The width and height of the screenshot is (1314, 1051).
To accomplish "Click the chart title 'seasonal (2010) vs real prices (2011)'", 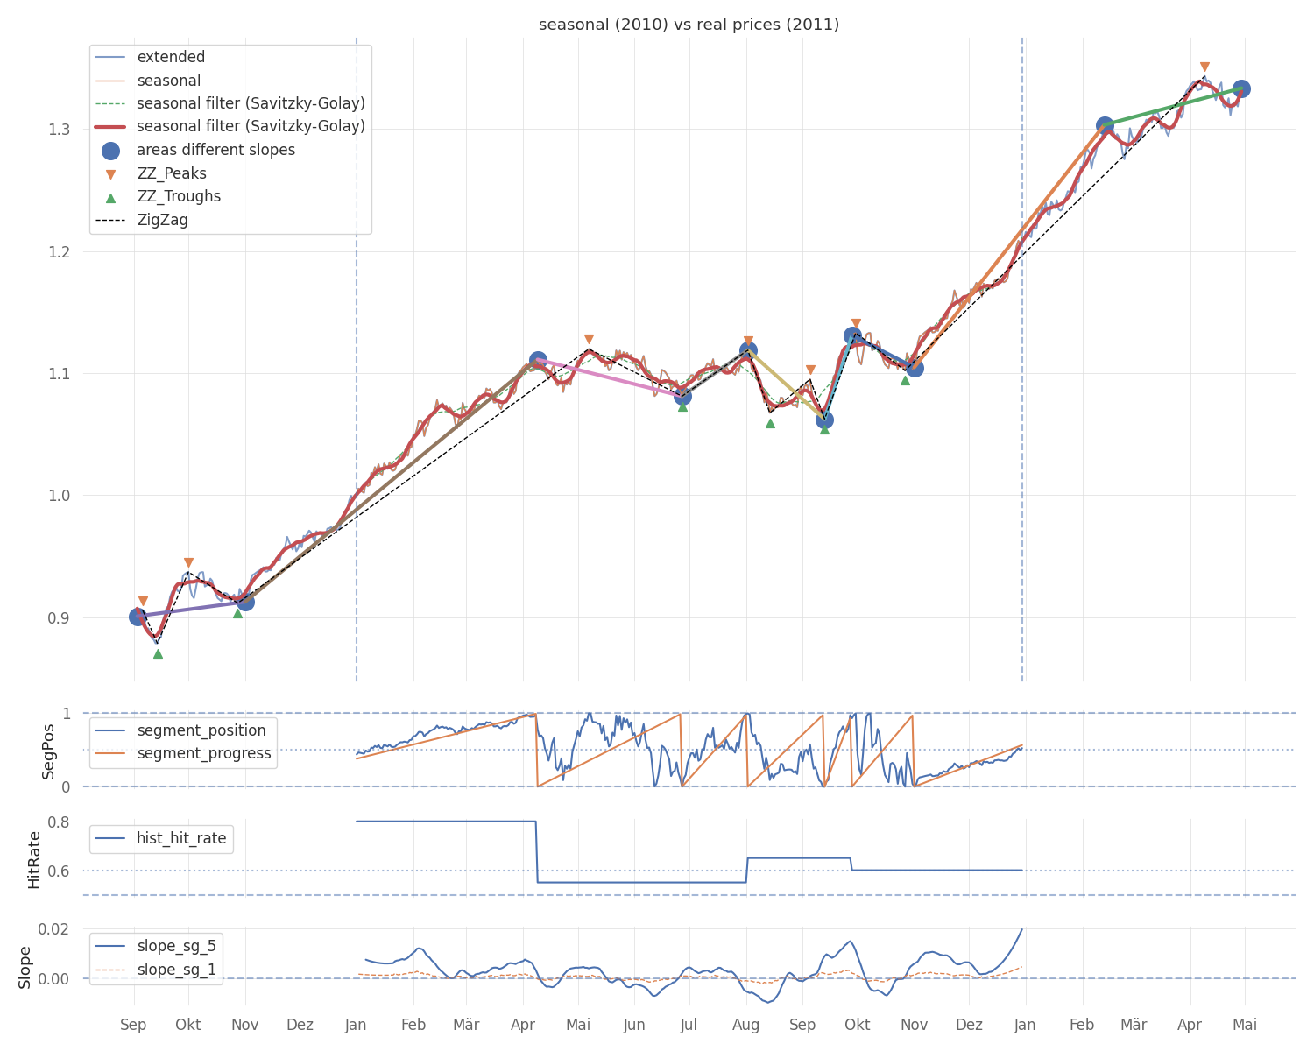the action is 689,25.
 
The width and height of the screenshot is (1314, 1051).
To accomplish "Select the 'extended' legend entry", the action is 171,57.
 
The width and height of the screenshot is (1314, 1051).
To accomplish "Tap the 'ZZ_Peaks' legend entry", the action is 172,173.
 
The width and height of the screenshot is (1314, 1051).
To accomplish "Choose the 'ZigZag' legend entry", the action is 162,220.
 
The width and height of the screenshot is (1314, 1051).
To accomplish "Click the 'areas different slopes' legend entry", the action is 215,150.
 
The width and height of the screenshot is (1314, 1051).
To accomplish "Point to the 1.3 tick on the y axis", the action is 60,130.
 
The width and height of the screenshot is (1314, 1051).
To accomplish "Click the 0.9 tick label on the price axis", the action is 60,618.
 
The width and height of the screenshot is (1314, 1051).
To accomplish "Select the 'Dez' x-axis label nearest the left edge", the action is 300,1025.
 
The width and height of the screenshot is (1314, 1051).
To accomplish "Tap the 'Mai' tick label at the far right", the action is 1245,1025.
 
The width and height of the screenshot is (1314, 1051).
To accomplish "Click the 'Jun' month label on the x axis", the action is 634,1025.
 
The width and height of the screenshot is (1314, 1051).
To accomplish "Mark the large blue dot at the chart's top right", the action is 1240,89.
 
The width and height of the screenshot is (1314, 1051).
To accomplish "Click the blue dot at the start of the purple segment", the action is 138,617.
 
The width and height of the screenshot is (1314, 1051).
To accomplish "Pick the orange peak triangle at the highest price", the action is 1204,67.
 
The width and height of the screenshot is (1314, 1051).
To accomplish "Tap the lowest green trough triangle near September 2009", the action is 159,654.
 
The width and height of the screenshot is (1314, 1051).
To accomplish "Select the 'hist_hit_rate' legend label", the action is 181,838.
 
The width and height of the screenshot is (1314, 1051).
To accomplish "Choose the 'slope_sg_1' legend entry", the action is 176,970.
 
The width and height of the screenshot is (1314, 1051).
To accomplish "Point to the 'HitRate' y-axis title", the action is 34,860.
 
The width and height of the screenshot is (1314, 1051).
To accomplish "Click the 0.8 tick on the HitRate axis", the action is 60,822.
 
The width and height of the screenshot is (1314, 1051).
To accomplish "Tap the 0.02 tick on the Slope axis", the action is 53,929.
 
